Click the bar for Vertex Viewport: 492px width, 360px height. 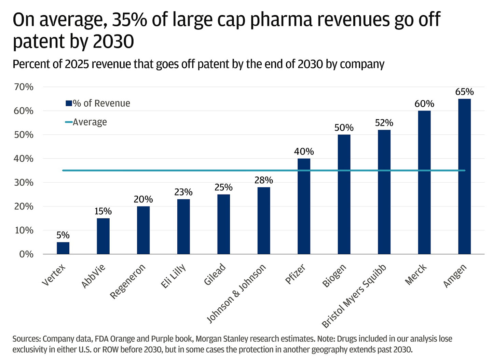click(63, 248)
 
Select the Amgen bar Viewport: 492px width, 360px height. click(464, 176)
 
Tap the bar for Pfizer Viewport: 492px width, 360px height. click(304, 206)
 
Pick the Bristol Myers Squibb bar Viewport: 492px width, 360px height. click(384, 192)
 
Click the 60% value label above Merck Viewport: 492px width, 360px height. click(424, 104)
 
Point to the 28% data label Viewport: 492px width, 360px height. click(263, 180)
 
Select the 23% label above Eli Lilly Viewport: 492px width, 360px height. click(183, 192)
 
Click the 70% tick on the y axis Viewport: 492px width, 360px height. click(24, 87)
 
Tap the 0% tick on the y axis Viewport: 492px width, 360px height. click(26, 254)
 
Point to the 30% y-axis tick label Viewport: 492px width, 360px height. click(24, 182)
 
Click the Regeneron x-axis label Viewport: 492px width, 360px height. click(128, 281)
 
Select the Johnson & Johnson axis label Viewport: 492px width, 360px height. click(236, 294)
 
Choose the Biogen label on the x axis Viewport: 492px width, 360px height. click(334, 276)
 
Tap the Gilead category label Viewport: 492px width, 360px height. click(215, 274)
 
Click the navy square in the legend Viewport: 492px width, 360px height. click(68, 103)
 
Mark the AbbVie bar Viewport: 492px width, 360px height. click(103, 236)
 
